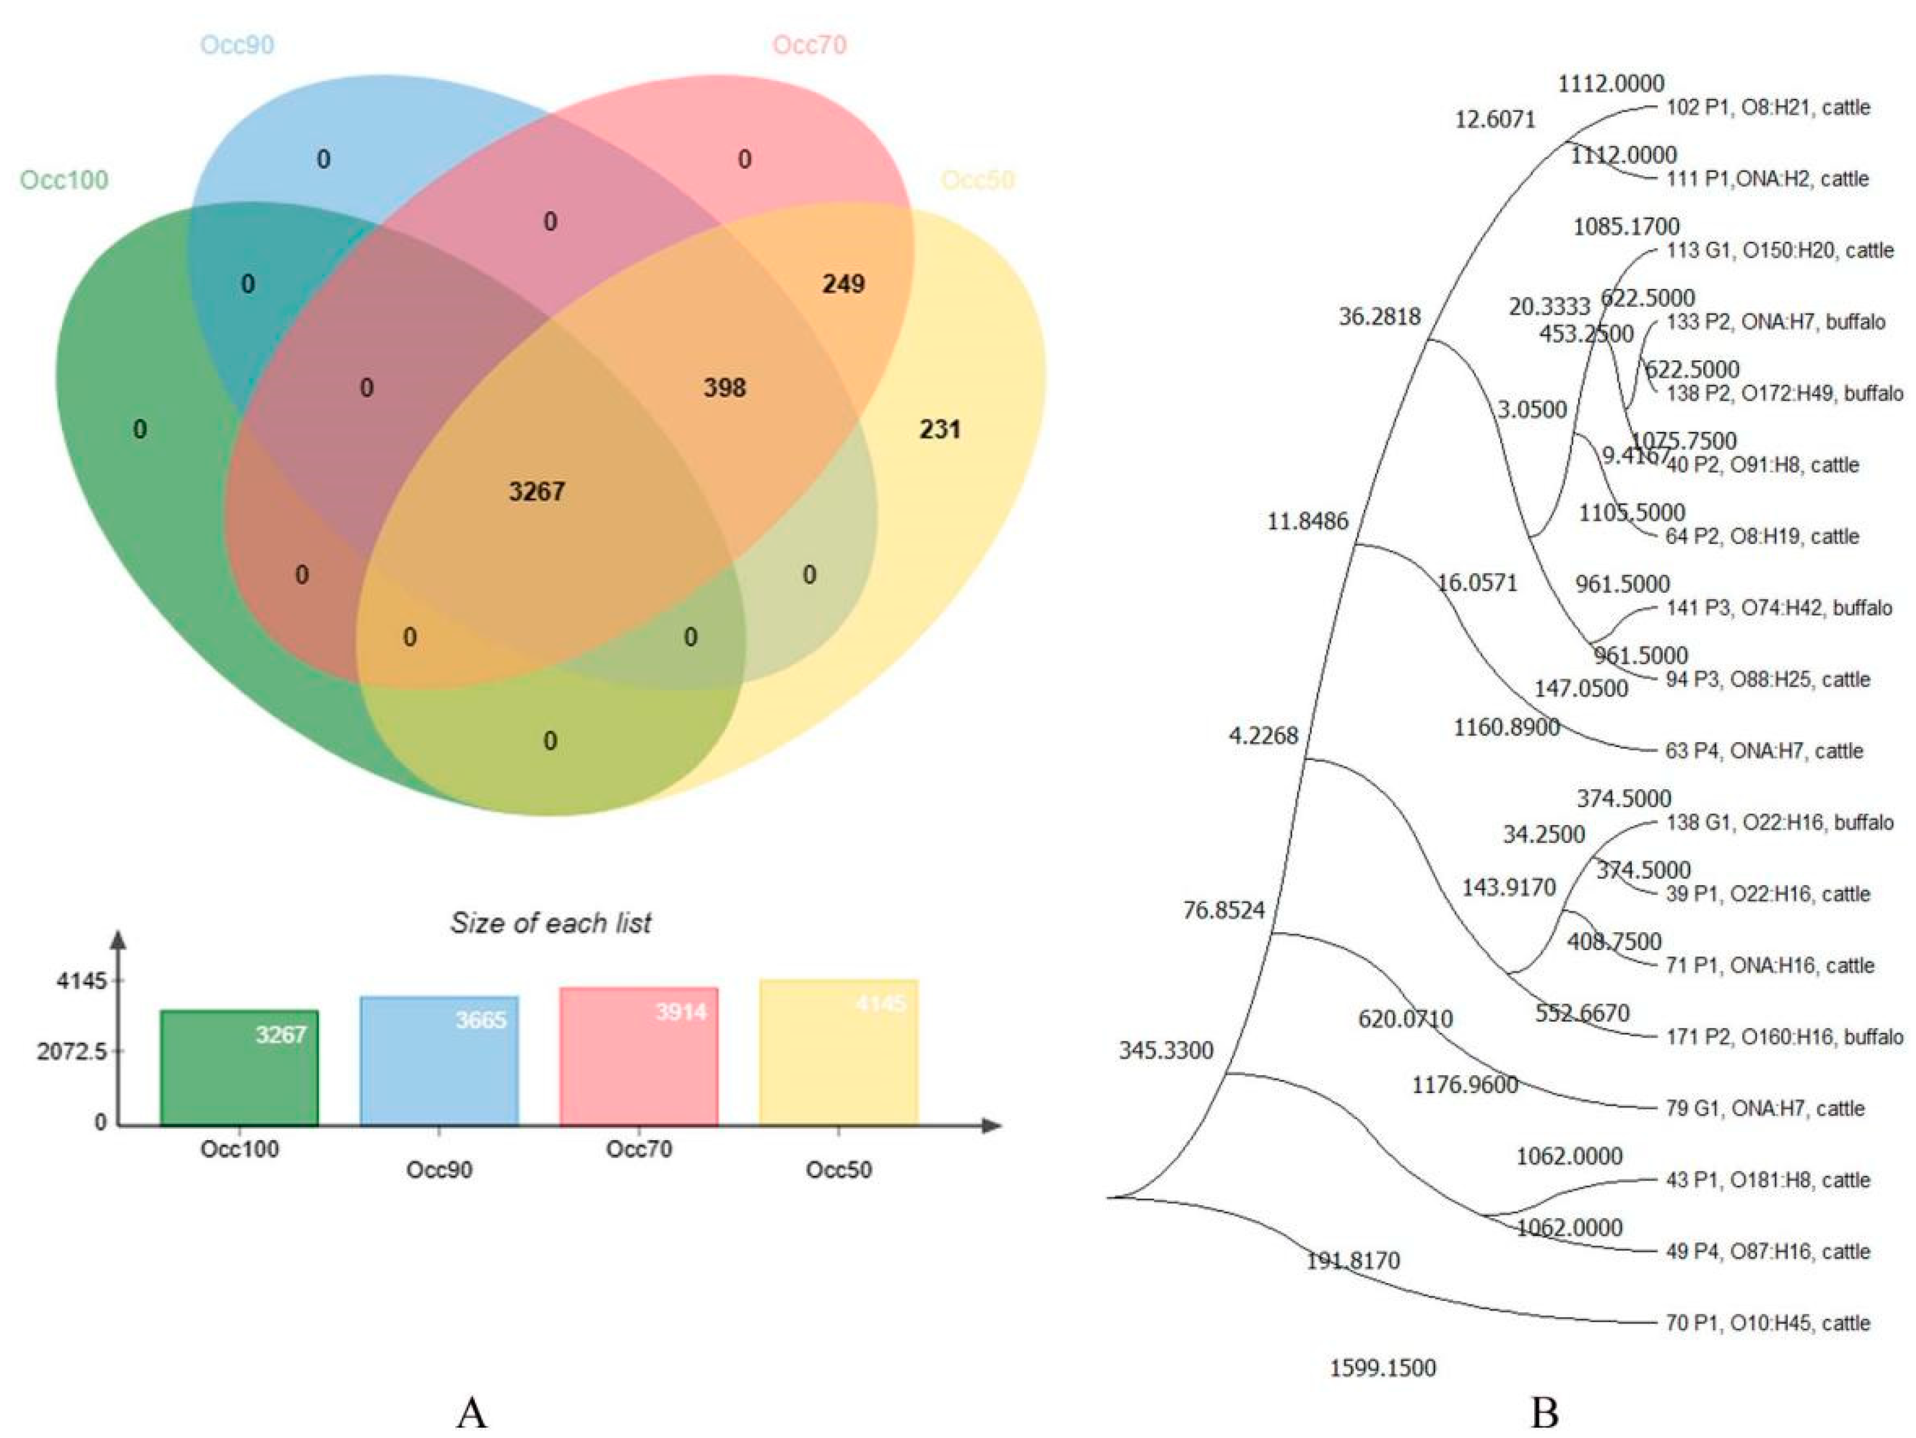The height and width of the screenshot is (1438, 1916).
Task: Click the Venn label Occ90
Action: [237, 44]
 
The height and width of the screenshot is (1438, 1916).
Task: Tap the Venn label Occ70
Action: [809, 44]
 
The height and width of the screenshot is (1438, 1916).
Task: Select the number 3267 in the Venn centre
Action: [537, 491]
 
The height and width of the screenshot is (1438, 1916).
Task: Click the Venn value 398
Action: [724, 387]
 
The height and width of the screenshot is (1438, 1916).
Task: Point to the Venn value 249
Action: [843, 284]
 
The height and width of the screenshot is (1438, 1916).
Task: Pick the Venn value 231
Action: [940, 429]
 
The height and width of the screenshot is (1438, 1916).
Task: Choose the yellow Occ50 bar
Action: [838, 1053]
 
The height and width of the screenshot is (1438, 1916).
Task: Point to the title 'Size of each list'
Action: [551, 923]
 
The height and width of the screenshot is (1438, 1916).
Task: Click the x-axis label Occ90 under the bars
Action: [439, 1169]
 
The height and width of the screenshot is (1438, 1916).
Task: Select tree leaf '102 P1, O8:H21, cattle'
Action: [1767, 107]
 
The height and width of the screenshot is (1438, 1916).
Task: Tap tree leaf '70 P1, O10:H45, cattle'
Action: [1767, 1323]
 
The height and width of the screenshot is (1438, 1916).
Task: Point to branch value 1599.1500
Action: [1382, 1368]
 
